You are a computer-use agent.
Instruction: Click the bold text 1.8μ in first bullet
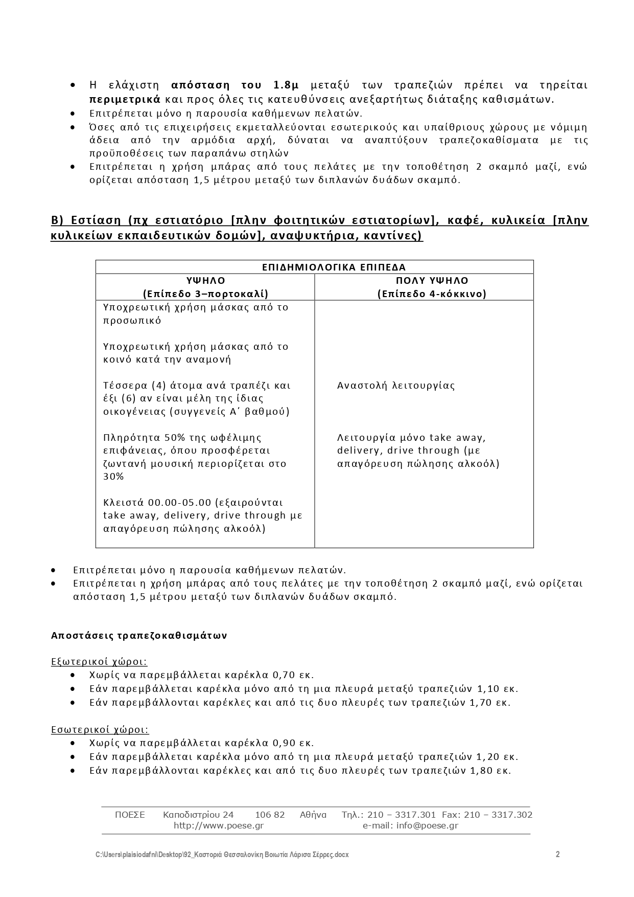point(286,85)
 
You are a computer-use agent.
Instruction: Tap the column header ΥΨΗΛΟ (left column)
point(205,281)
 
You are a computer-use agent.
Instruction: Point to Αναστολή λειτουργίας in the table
point(396,386)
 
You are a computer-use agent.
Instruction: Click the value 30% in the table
point(113,477)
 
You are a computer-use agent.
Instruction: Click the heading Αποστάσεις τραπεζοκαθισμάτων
point(139,636)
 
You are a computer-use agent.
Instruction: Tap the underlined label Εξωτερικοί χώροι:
point(99,662)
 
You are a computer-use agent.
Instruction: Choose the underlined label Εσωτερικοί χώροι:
point(100,730)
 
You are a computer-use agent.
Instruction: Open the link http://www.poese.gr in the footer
point(219,825)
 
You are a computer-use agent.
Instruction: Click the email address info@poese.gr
point(427,825)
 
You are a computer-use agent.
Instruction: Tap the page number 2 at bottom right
point(558,854)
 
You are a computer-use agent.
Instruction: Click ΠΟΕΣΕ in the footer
point(130,815)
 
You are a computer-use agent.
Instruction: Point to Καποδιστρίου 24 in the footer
point(198,815)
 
